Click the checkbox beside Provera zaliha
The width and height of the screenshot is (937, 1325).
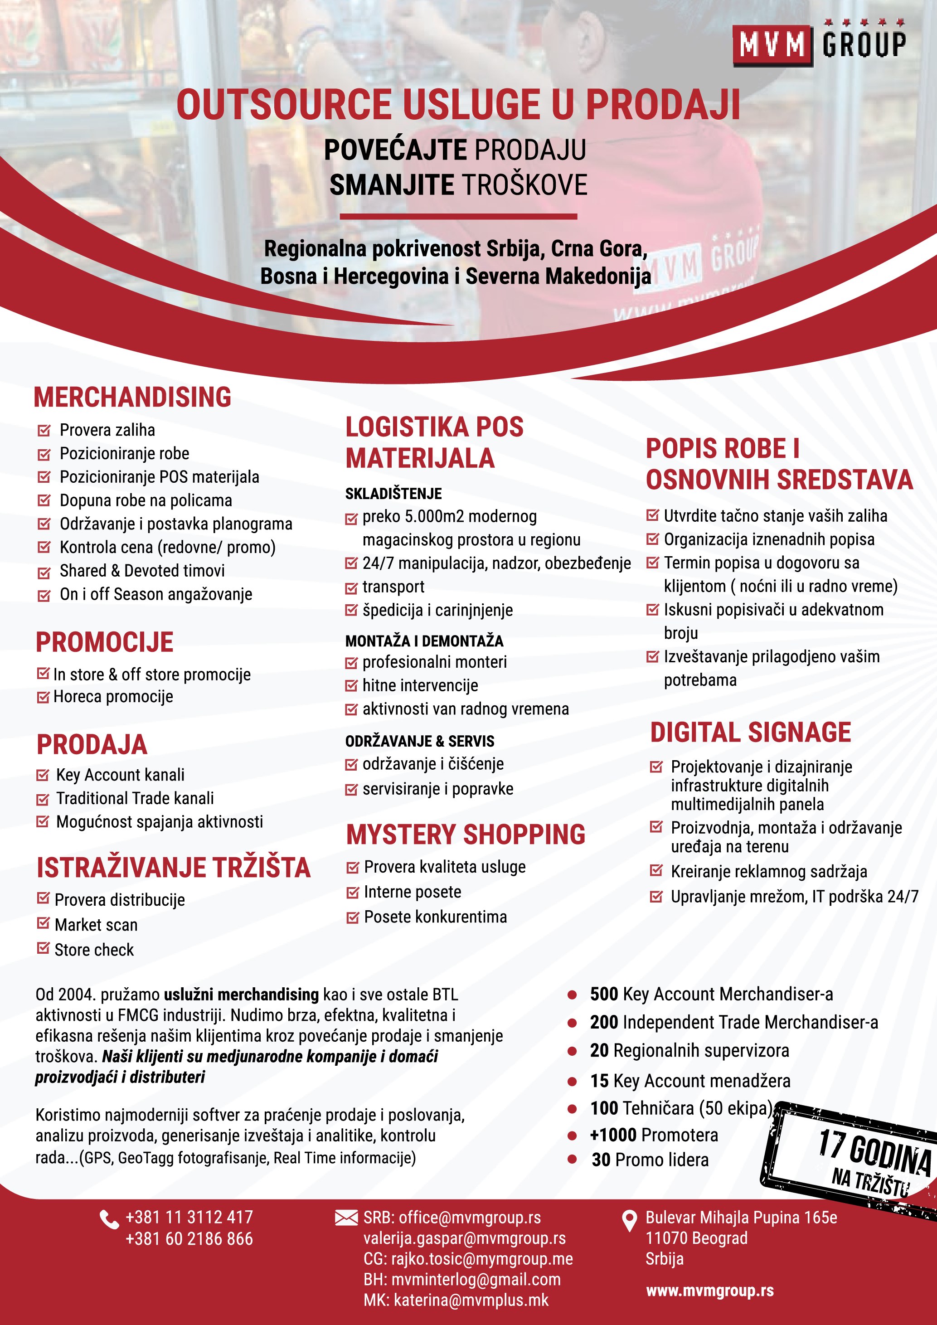coord(44,431)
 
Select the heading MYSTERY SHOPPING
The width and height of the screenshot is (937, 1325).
coord(465,835)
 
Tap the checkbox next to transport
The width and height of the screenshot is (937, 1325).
coord(351,588)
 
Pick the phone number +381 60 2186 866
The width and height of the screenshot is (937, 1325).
coord(189,1239)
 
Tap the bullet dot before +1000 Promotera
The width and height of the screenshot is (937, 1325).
coord(572,1136)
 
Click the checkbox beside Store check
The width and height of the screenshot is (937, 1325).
coord(43,948)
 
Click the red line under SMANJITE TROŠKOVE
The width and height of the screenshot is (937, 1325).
coord(458,216)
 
